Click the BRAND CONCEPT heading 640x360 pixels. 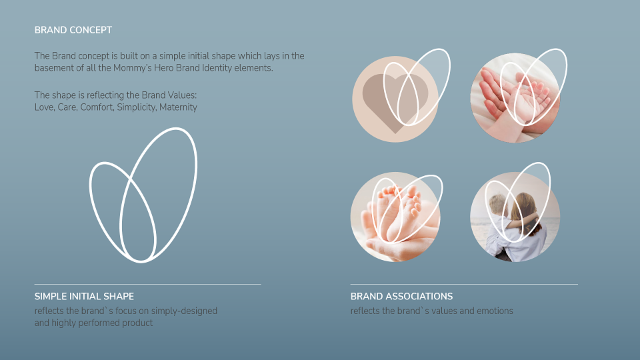point(73,30)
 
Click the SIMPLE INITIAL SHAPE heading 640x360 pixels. point(84,296)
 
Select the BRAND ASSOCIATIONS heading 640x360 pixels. point(401,296)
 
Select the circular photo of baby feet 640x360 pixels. point(395,217)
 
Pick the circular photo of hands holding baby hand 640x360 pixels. point(515,99)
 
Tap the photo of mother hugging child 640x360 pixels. point(515,217)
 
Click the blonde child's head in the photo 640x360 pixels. point(498,205)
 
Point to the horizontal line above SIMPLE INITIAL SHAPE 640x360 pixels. point(147,284)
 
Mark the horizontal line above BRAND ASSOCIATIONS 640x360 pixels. point(464,284)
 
